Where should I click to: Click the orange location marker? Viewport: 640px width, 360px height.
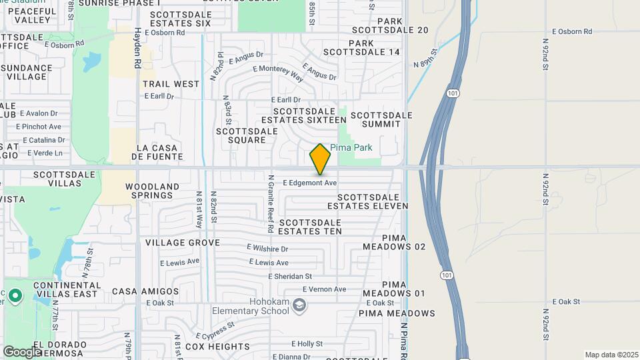coord(320,159)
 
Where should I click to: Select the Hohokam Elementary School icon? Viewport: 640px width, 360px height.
coord(300,305)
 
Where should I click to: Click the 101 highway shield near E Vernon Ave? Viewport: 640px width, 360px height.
coord(445,274)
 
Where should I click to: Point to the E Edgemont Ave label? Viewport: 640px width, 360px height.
coord(310,182)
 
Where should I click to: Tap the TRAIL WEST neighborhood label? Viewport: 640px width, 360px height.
coord(171,84)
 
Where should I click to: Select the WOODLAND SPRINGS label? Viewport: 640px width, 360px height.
coord(152,192)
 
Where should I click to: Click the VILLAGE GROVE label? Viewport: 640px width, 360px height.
coord(182,243)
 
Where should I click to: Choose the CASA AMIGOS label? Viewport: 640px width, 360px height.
coord(145,291)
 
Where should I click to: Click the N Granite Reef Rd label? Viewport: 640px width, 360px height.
coord(271,203)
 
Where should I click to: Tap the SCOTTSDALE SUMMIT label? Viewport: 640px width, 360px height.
coord(386,119)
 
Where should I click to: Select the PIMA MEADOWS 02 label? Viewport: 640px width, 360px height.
coord(394,242)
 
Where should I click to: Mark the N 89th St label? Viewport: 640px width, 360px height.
coord(425,58)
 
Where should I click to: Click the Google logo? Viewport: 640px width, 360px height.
coord(23,351)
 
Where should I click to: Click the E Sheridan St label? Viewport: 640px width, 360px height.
coord(290,276)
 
